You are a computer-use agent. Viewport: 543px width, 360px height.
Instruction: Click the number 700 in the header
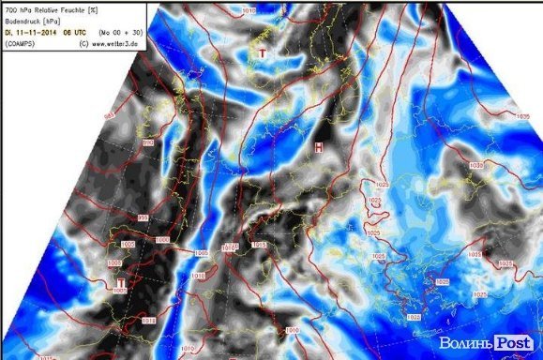coord(12,7)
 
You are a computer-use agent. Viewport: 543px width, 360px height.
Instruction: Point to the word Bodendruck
coord(25,19)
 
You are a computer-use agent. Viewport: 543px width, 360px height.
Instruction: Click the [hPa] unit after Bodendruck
coord(60,19)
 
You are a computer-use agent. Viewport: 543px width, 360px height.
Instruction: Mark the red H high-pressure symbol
coord(319,148)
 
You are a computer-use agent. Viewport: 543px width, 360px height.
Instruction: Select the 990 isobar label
coord(148,142)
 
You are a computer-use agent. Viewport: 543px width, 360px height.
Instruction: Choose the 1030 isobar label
coord(475,164)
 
